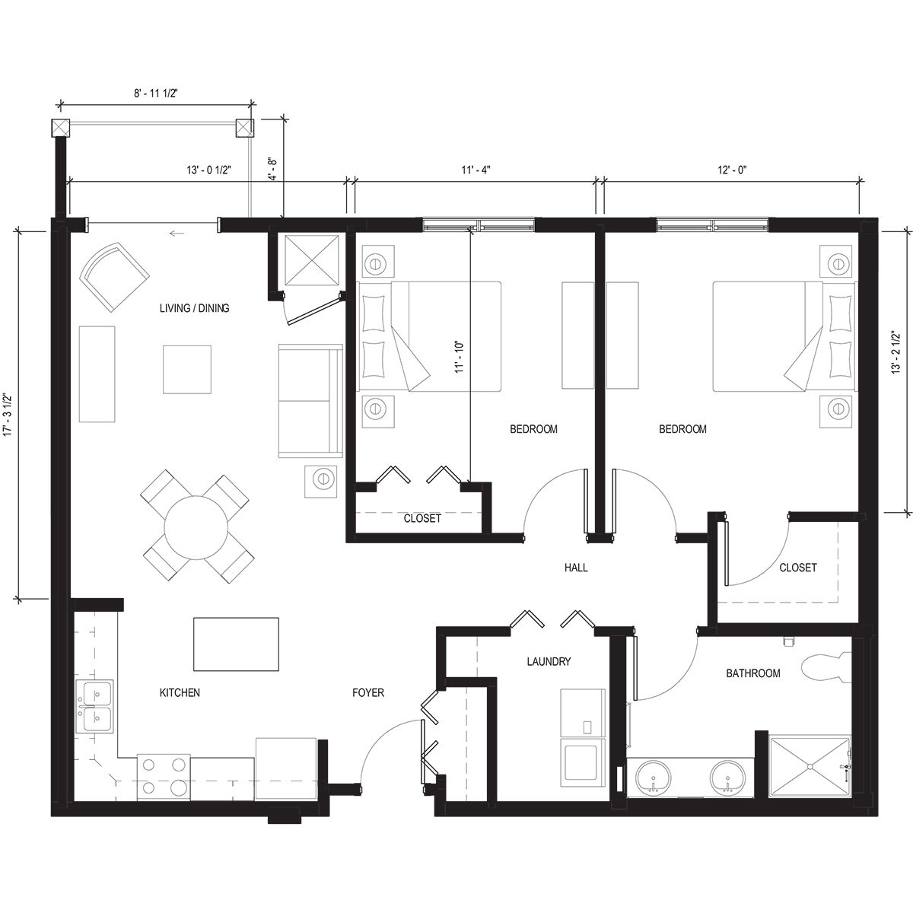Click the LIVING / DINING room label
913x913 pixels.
pos(194,308)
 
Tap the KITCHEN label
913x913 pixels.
pos(180,693)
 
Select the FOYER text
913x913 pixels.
pos(368,693)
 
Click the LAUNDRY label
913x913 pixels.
pos(549,662)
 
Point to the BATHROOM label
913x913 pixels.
pos(752,673)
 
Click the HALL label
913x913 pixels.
pos(576,568)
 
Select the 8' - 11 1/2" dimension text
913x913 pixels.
pos(155,93)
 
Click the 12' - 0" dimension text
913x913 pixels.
pos(732,170)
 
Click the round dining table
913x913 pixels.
pos(196,527)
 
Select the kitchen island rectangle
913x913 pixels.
pos(237,644)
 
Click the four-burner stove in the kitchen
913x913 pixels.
pos(164,777)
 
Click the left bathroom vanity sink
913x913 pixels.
pos(654,777)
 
